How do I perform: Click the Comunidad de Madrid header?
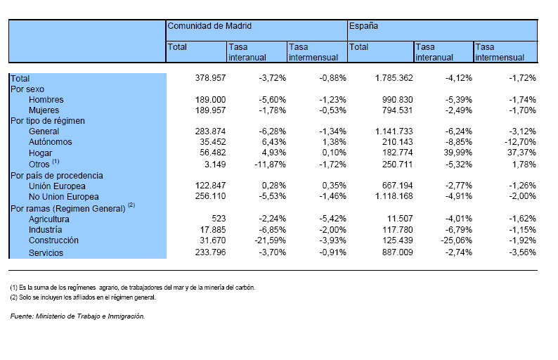[209, 26]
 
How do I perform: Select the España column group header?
[363, 26]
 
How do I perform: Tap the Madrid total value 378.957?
[210, 78]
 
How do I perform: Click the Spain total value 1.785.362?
[394, 78]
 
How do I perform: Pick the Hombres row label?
[46, 100]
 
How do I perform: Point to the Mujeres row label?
[44, 110]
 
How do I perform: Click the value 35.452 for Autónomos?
[212, 142]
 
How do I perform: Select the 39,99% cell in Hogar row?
[459, 153]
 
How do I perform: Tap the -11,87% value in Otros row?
[270, 165]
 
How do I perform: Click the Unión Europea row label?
[57, 186]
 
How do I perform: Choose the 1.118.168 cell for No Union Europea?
[394, 196]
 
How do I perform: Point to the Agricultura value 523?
[219, 219]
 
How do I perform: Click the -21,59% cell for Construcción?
[270, 240]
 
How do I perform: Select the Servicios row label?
[46, 253]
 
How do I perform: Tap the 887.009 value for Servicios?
[398, 252]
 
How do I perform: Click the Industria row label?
[45, 230]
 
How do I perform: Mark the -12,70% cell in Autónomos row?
[520, 142]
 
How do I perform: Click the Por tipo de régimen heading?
[48, 121]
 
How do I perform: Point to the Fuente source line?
[77, 316]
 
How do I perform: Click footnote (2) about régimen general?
[83, 297]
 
